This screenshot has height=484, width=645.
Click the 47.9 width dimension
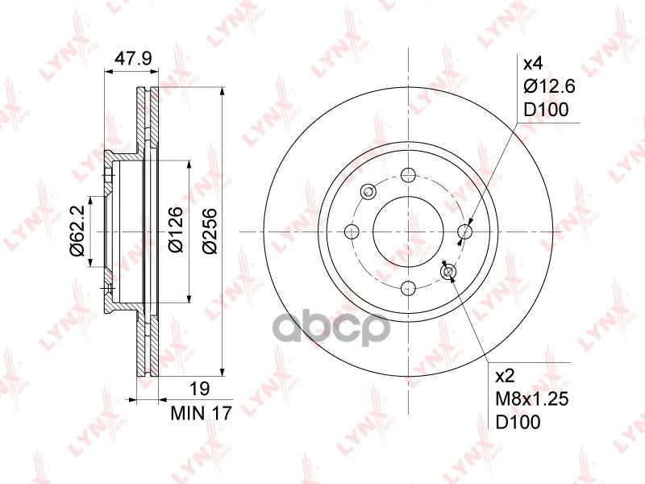(133, 58)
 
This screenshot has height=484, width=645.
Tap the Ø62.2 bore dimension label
(77, 232)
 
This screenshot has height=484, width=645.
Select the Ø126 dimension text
(176, 230)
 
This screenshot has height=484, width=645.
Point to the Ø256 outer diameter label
(210, 231)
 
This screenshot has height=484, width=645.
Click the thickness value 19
(200, 389)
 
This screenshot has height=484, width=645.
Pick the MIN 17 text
(202, 413)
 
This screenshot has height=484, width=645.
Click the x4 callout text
(533, 64)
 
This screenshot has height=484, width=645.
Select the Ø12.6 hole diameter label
(549, 86)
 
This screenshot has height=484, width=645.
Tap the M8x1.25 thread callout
(532, 398)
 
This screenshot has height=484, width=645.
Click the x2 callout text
(506, 376)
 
